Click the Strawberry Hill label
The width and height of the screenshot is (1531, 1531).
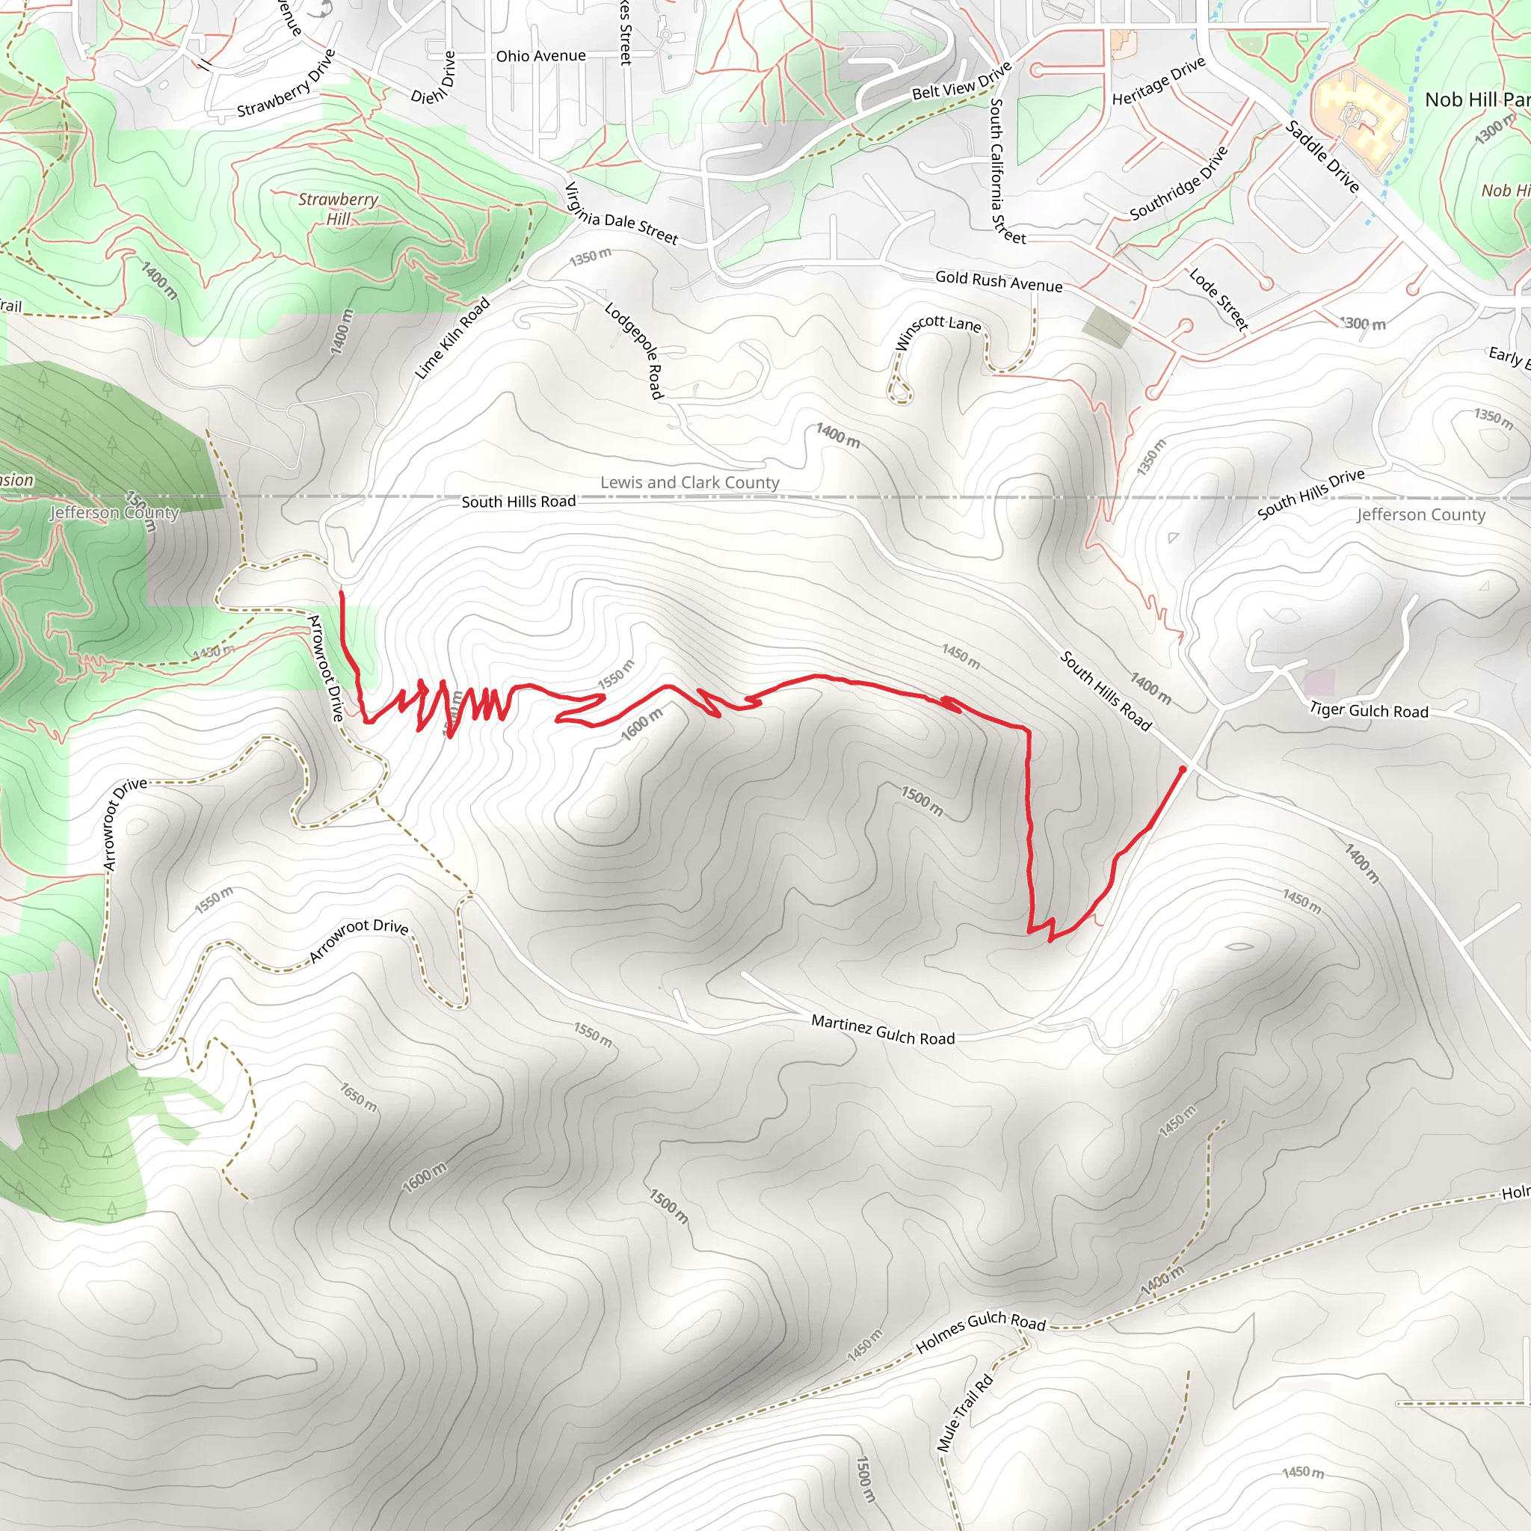coord(339,209)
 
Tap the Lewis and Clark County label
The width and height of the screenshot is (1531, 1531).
coord(689,483)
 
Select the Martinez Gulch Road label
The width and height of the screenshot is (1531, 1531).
coord(883,1030)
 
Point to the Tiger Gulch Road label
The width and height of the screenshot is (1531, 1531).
coord(1369,710)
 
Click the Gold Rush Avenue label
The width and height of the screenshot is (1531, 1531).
coord(999,281)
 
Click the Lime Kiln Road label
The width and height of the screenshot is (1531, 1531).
coord(453,339)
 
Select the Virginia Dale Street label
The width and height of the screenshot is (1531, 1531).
coord(621,214)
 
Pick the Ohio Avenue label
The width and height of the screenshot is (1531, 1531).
coord(541,56)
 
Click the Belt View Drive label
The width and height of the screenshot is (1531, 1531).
coord(962,81)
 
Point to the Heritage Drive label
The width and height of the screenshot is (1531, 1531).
coord(1159,81)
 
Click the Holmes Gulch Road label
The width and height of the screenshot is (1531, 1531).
coord(980,1332)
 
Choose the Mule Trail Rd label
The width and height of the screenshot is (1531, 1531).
coord(964,1414)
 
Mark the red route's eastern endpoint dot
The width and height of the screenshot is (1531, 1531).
coord(1183,769)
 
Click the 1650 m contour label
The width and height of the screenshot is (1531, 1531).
coord(359,1097)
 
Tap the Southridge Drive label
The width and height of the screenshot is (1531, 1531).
coord(1178,183)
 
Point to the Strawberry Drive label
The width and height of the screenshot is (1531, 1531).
coord(287,83)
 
